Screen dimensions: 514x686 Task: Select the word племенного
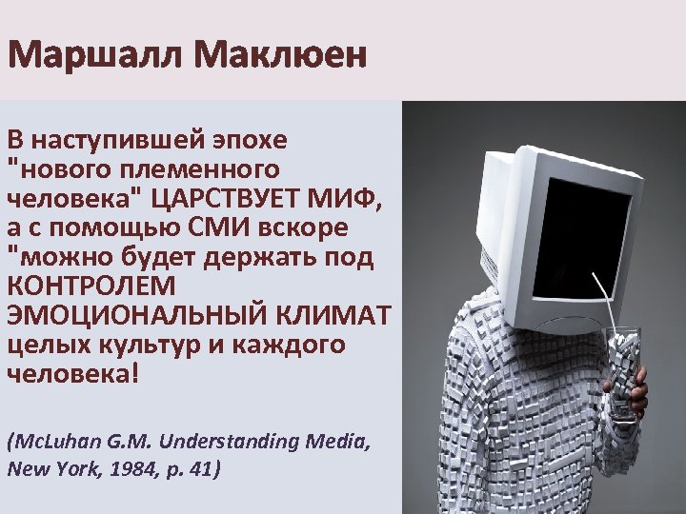click(202, 169)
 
